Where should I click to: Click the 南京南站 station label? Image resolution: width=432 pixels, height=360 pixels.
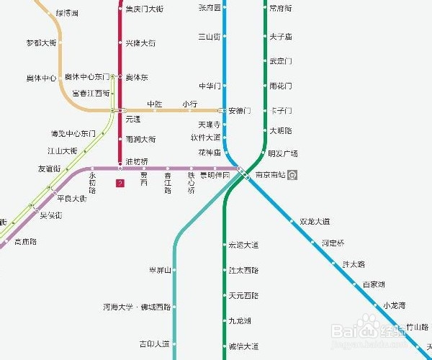(x=271, y=175)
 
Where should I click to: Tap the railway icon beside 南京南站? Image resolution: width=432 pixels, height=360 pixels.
(x=293, y=175)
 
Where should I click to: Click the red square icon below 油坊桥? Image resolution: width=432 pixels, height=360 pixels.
(x=120, y=184)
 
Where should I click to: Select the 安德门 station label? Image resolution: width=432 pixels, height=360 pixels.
(x=240, y=111)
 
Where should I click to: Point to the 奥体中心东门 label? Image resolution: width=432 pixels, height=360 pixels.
(x=86, y=76)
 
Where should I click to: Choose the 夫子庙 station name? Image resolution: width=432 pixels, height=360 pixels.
(x=280, y=36)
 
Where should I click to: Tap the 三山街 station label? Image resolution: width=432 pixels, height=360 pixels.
(x=209, y=36)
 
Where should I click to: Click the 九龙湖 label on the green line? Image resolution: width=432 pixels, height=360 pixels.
(x=240, y=321)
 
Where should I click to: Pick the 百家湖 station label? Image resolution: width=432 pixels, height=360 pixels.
(x=373, y=284)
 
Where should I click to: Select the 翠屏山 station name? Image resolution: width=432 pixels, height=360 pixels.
(x=159, y=271)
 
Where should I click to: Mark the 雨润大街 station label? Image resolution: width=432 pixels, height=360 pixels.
(x=140, y=139)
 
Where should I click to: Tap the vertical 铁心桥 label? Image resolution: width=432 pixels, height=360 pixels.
(x=192, y=182)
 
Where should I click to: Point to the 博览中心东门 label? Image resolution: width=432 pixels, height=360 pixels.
(x=73, y=133)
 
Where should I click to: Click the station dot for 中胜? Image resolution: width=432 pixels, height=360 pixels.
(x=155, y=110)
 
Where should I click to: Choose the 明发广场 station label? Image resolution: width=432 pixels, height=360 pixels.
(x=282, y=153)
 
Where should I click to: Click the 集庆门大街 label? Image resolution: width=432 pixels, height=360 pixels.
(x=144, y=9)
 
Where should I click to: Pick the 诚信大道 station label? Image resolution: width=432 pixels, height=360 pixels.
(x=243, y=346)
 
